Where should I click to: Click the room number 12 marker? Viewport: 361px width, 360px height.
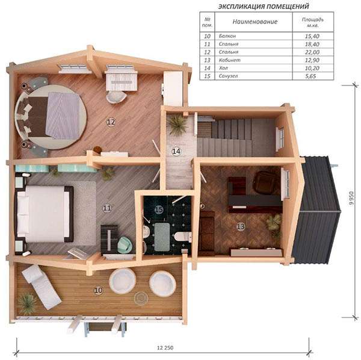(x=111, y=122)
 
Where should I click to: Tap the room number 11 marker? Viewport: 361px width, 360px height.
(x=107, y=208)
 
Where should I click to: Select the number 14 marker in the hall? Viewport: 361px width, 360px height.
(x=176, y=151)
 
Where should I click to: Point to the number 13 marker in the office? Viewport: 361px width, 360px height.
(x=241, y=226)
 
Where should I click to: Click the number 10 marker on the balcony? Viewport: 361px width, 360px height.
(x=99, y=290)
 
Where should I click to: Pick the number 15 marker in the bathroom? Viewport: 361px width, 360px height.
(x=159, y=209)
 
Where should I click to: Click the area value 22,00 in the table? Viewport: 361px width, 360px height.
(x=312, y=52)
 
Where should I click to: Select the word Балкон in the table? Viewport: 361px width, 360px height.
(x=227, y=36)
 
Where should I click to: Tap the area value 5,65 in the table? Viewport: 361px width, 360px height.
(x=310, y=76)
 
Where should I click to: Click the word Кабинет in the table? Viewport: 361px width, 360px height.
(x=230, y=60)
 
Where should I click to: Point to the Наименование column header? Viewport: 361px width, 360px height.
(x=255, y=22)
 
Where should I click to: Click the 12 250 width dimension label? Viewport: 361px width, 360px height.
(x=165, y=347)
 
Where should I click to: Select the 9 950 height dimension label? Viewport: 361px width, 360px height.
(x=351, y=198)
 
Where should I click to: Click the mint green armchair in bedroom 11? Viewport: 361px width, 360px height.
(x=125, y=244)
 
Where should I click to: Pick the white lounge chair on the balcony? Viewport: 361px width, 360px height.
(x=42, y=287)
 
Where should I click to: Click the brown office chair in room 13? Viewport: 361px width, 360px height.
(x=264, y=182)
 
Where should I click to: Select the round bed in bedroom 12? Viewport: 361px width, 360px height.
(x=51, y=117)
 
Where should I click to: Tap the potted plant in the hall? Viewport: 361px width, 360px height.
(x=177, y=125)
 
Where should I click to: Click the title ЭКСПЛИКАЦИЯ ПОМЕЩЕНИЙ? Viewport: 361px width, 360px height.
(x=264, y=6)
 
